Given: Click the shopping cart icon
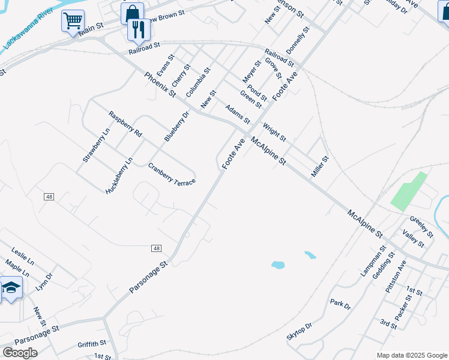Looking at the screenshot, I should tap(73, 22).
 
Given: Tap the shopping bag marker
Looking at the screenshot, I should tap(132, 13).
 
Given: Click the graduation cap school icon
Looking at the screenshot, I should tap(11, 289).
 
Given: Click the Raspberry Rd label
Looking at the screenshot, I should tap(125, 124).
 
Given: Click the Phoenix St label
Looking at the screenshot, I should tap(160, 85).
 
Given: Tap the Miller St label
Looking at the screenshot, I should tap(320, 167).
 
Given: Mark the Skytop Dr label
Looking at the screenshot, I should tap(300, 332).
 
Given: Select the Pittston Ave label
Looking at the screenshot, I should tap(396, 277).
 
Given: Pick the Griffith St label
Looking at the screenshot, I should tap(91, 344).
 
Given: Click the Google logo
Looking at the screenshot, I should tap(20, 353).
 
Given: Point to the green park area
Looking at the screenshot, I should tap(409, 191).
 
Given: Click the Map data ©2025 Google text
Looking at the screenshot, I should tap(412, 355).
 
